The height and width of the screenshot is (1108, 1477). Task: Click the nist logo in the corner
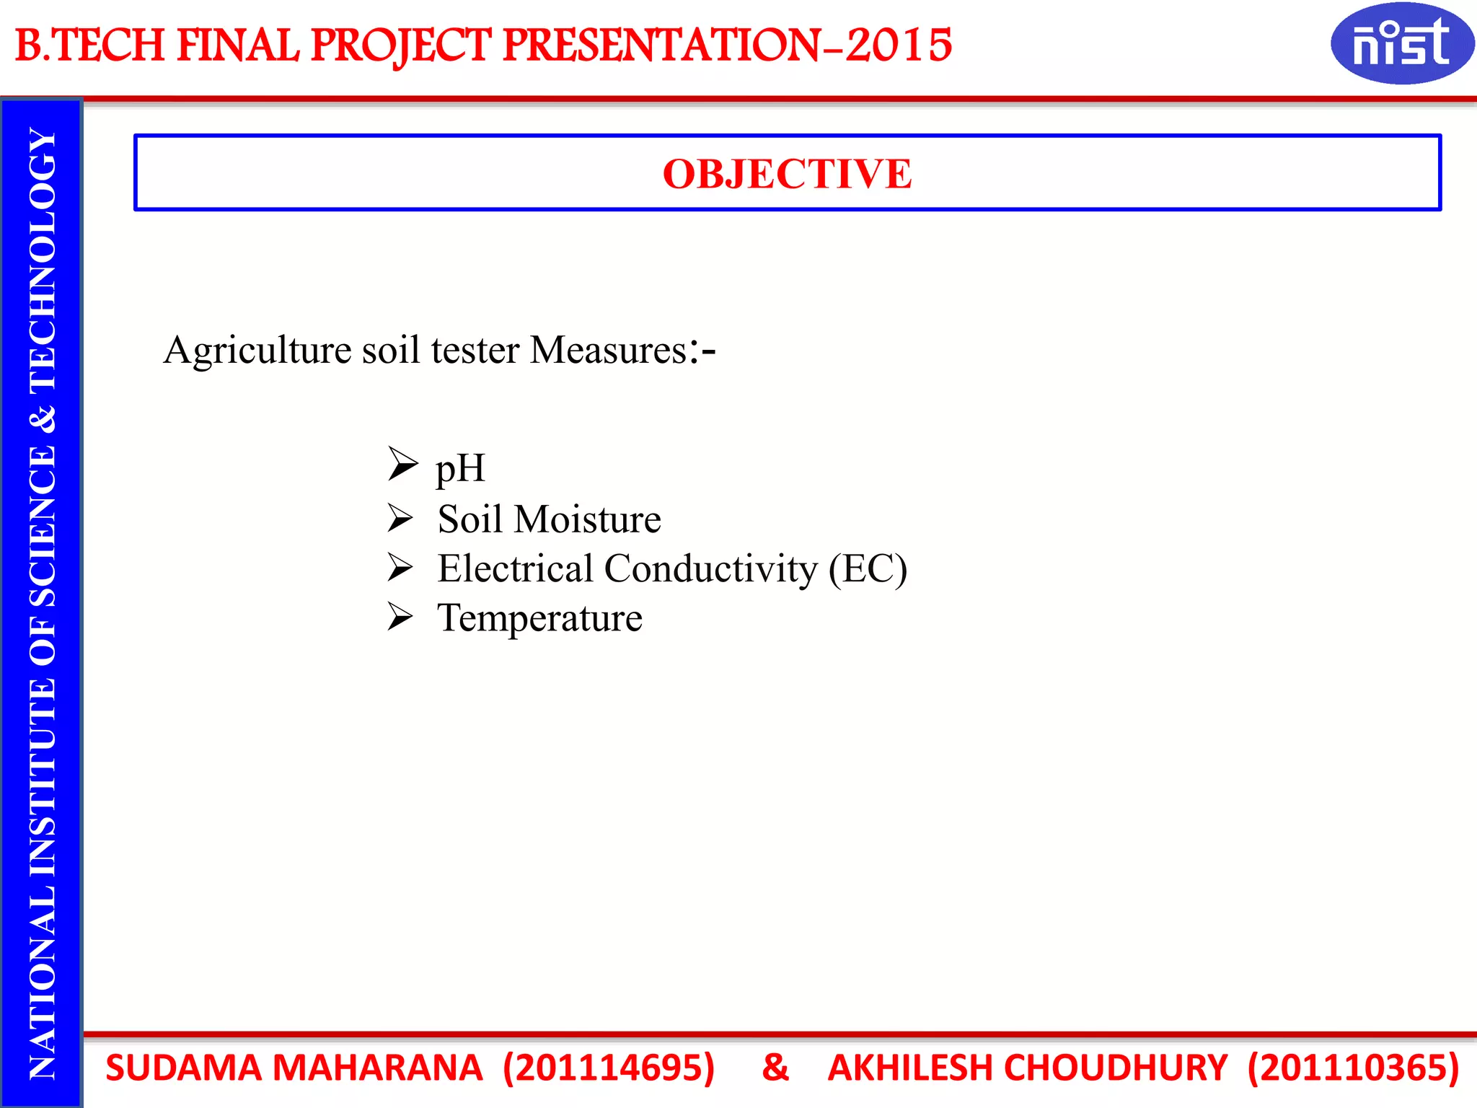pos(1401,43)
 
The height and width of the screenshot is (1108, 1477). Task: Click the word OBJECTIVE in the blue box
pos(787,174)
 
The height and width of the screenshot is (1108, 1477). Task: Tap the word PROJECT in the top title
pos(401,45)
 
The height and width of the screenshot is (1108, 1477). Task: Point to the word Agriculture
pos(257,351)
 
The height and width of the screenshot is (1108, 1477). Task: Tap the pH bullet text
pos(460,468)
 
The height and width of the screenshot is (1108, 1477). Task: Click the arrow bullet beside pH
pos(402,463)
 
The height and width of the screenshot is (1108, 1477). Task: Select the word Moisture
pos(587,519)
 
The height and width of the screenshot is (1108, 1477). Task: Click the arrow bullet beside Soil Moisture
pos(400,518)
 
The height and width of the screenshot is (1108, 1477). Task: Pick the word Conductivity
pos(711,568)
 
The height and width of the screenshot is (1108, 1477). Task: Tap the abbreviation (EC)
pos(868,568)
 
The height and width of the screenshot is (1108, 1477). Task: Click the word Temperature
pos(539,618)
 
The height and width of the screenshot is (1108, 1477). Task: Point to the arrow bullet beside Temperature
pos(400,616)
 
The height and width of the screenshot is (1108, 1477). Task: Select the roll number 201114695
pos(609,1068)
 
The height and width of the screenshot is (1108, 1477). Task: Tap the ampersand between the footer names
pos(775,1068)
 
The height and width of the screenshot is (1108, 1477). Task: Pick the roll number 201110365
pos(1354,1068)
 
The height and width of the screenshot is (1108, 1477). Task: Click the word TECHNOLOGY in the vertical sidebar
pos(43,261)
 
